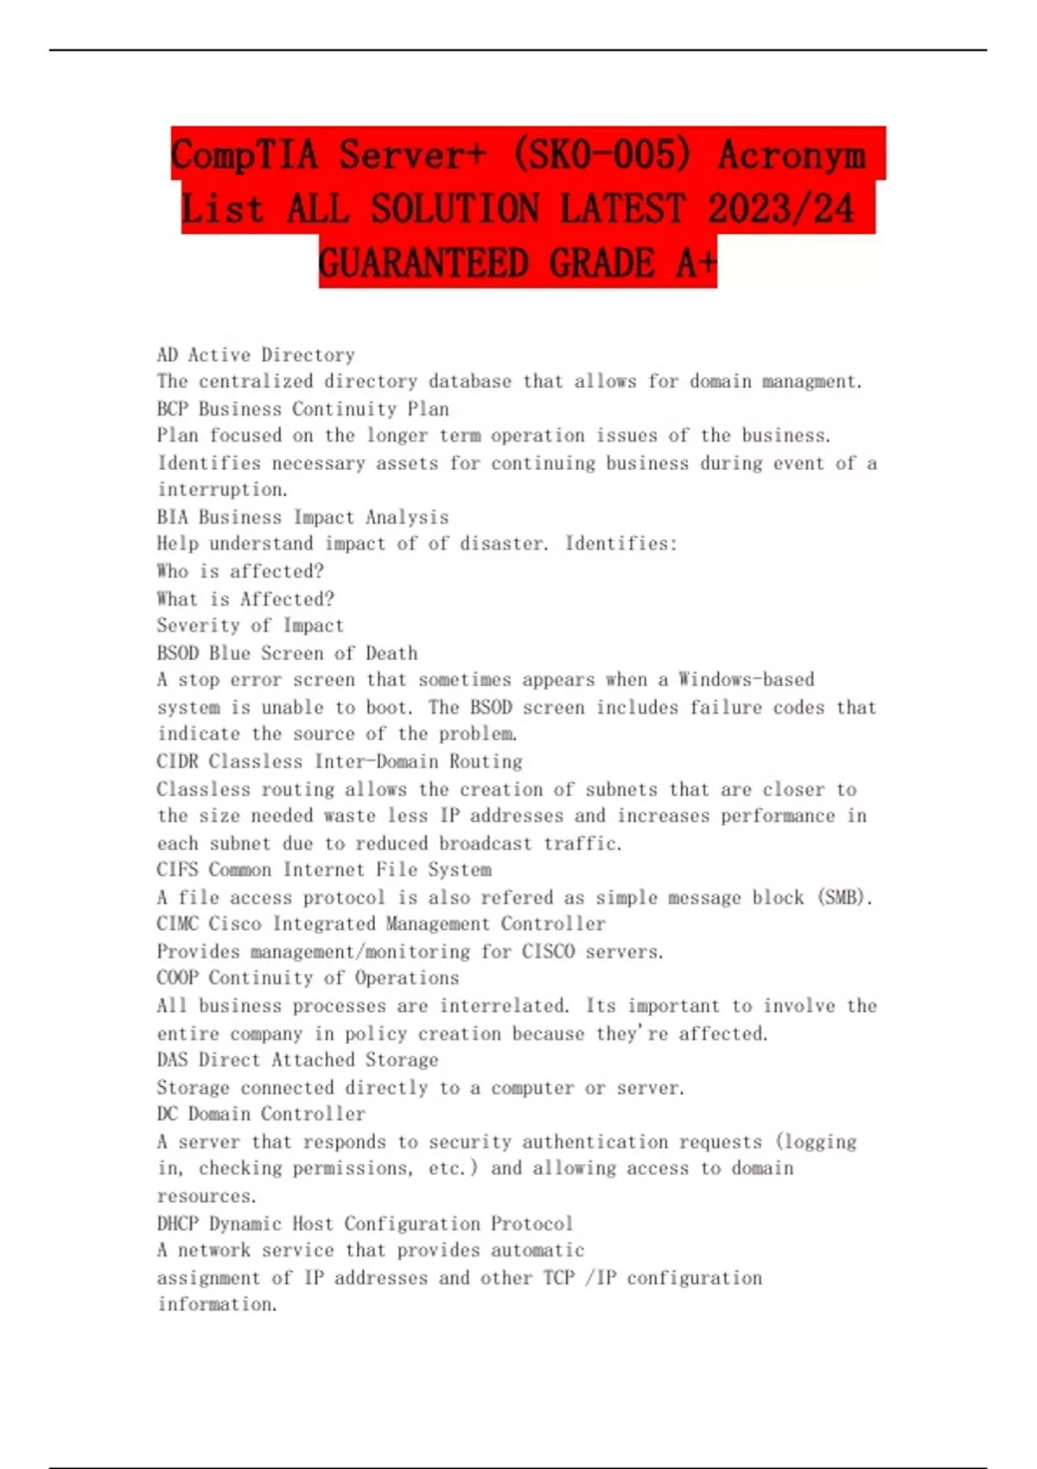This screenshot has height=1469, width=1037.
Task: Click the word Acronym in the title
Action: pos(792,156)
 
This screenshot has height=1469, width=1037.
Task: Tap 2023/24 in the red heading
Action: pos(780,209)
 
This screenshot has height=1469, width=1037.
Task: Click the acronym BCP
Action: pos(173,409)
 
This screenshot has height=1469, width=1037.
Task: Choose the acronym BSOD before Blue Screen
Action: pos(178,653)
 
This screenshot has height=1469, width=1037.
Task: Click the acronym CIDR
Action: pos(178,761)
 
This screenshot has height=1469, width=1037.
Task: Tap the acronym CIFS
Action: pos(178,869)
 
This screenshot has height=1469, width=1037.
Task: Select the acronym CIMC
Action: pos(178,924)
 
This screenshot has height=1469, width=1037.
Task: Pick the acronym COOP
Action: pos(178,978)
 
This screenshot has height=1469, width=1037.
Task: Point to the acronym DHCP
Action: pos(178,1224)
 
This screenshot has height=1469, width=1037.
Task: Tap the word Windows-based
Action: pos(746,680)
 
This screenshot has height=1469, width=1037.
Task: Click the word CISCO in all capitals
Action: pos(548,951)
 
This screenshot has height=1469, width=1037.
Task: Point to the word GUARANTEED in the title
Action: pos(423,264)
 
